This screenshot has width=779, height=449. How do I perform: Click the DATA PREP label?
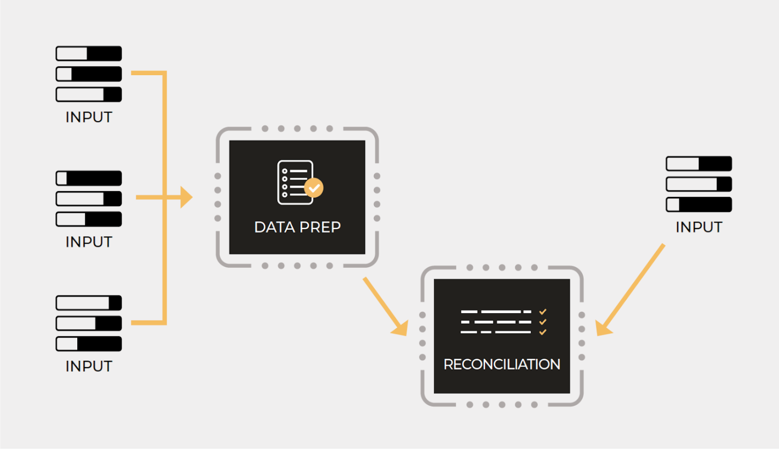(297, 227)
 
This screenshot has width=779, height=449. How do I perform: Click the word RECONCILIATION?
(502, 364)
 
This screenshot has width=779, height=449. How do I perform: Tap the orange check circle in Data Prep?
(314, 188)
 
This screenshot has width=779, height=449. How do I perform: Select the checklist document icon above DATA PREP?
(295, 182)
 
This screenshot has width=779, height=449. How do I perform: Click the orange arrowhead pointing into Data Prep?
(186, 197)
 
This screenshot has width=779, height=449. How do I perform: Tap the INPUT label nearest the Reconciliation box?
(699, 227)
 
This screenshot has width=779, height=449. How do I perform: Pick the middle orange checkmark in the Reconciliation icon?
(543, 322)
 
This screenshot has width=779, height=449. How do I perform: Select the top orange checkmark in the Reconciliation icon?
(543, 312)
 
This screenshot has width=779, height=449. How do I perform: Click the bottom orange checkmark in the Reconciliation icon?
(543, 332)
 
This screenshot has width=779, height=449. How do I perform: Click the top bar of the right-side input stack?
(699, 164)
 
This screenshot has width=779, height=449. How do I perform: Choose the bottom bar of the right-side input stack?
(699, 205)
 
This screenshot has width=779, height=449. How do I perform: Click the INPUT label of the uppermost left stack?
(89, 117)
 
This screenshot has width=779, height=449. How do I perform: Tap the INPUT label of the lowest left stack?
(89, 367)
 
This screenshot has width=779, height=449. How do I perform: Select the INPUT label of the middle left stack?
(89, 242)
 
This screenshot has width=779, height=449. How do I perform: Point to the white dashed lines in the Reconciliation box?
(496, 322)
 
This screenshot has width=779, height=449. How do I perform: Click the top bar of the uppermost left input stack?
(89, 53)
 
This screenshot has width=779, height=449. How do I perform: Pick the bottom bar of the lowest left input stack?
(89, 344)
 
